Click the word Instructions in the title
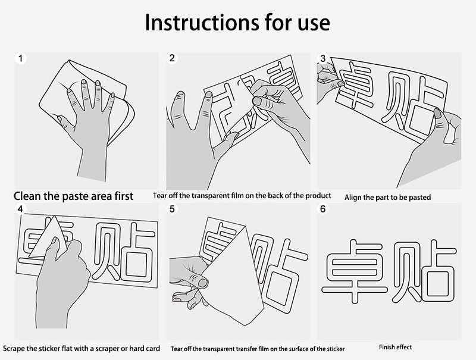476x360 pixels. pyautogui.click(x=202, y=23)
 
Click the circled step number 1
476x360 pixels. pyautogui.click(x=21, y=58)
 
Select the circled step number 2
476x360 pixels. pyautogui.click(x=172, y=58)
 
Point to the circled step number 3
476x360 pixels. pyautogui.click(x=322, y=58)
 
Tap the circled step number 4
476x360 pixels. pyautogui.click(x=21, y=209)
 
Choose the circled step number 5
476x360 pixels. pyautogui.click(x=172, y=209)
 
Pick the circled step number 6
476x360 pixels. pyautogui.click(x=322, y=209)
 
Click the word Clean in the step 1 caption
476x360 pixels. pyautogui.click(x=27, y=196)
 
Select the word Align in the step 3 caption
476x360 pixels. pyautogui.click(x=352, y=198)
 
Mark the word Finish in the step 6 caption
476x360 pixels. pyautogui.click(x=387, y=347)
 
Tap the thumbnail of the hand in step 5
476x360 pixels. pyautogui.click(x=203, y=283)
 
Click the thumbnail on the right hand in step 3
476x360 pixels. pyautogui.click(x=438, y=114)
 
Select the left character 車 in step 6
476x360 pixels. pyautogui.click(x=354, y=271)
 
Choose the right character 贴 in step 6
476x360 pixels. pyautogui.click(x=424, y=271)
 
